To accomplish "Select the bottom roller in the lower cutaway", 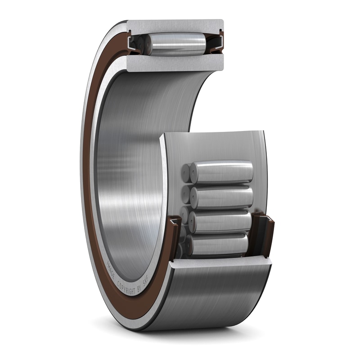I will [x=218, y=244].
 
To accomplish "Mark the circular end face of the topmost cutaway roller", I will [x=194, y=173].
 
